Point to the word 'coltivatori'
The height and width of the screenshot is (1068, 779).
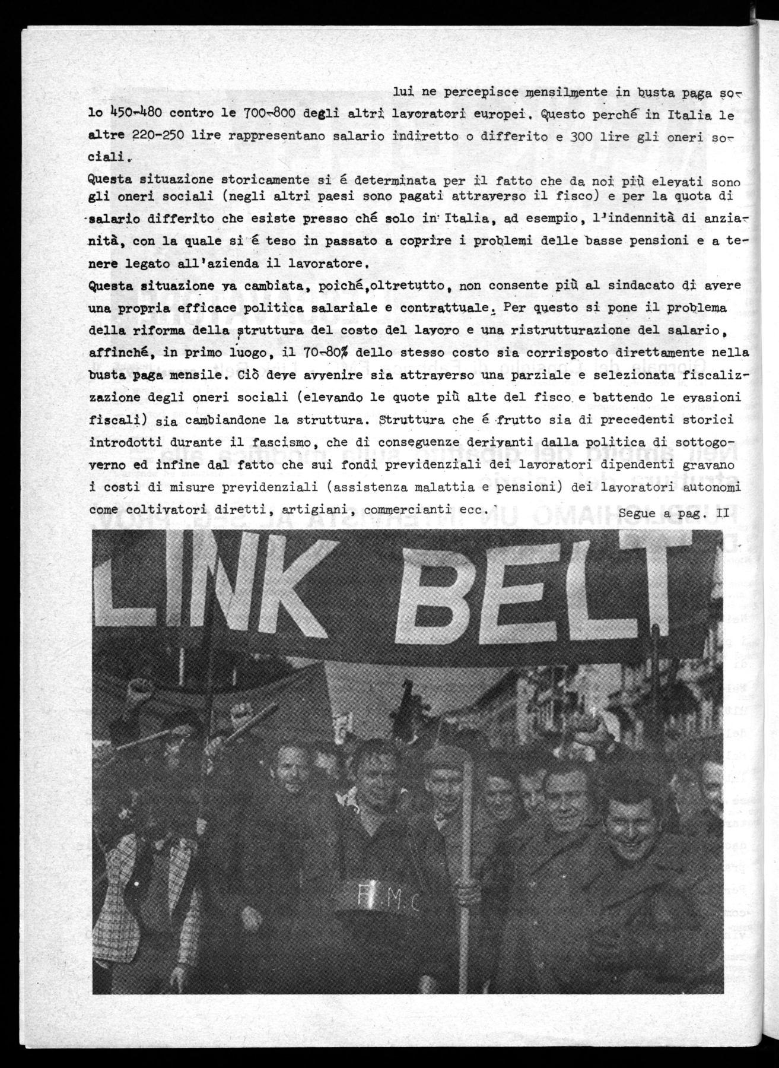pos(161,509)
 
